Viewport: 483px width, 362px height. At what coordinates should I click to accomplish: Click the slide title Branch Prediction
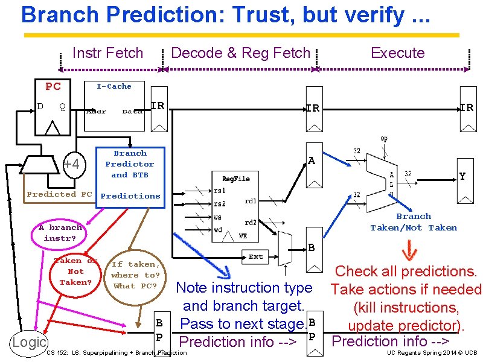coord(225,15)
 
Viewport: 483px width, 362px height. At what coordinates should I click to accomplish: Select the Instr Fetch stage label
coord(107,53)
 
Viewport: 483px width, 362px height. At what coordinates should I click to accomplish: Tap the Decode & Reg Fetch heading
coord(240,53)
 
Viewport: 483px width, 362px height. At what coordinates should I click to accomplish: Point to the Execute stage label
coord(397,53)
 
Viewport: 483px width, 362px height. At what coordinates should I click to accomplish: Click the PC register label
coord(53,86)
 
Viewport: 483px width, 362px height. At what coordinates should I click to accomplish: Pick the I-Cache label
coord(114,86)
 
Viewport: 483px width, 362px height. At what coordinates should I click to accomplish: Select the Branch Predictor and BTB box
coord(129,164)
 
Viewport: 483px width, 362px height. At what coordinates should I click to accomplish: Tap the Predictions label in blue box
coord(130,196)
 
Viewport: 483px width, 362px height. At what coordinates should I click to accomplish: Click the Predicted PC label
coord(59,194)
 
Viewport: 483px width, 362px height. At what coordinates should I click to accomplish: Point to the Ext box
coord(256,257)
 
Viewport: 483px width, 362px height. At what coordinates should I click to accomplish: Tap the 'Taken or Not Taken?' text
coord(75,271)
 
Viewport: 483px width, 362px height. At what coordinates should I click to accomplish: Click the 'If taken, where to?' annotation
coord(135,275)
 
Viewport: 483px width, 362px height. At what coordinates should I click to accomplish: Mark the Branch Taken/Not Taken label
coord(414,222)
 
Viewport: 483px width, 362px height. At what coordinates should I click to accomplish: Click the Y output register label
coord(462,177)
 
